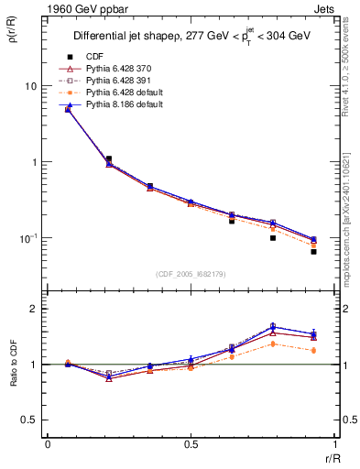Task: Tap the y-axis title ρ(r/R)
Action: [x=13, y=38]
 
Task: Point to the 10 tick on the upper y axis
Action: [x=30, y=86]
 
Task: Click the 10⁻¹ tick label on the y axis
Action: [x=27, y=238]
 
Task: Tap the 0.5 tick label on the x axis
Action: [x=191, y=445]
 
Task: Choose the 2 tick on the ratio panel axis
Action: [x=36, y=310]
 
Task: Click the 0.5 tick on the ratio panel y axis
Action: [x=31, y=420]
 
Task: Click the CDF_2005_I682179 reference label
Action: [x=190, y=274]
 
